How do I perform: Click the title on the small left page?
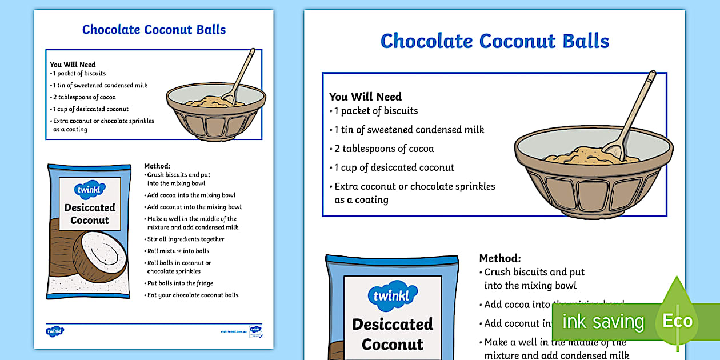pyautogui.click(x=154, y=30)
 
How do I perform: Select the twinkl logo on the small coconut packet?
pyautogui.click(x=90, y=190)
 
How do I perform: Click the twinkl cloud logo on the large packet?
pyautogui.click(x=393, y=295)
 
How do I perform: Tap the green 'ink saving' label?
pyautogui.click(x=603, y=322)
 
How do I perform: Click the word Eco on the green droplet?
pyautogui.click(x=677, y=321)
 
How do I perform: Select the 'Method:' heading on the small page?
pyautogui.click(x=157, y=166)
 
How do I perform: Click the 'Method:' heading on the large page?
pyautogui.click(x=500, y=258)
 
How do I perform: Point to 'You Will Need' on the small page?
pyautogui.click(x=73, y=65)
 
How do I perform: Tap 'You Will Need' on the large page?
pyautogui.click(x=365, y=97)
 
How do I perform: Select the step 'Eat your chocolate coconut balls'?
pyautogui.click(x=193, y=295)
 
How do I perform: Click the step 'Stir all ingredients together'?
pyautogui.click(x=186, y=239)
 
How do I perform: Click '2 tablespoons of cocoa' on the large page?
pyautogui.click(x=384, y=149)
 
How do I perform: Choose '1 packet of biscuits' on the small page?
pyautogui.click(x=79, y=74)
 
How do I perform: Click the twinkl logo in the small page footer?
pyautogui.click(x=55, y=331)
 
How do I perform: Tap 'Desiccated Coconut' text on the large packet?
pyautogui.click(x=393, y=334)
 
